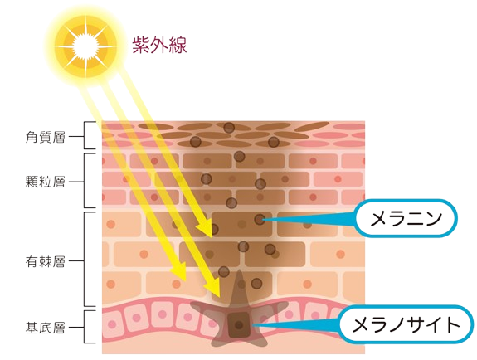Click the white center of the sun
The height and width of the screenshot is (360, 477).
86,46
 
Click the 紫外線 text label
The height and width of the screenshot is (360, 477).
159,45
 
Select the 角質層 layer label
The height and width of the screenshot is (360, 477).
45,137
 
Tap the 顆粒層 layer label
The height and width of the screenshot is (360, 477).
45,182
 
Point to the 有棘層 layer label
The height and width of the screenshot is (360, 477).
45,261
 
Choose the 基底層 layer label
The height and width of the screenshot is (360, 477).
45,328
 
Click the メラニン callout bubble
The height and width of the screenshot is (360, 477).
406,218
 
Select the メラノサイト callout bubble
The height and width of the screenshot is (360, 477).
406,324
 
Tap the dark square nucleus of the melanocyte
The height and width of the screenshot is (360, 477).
239,324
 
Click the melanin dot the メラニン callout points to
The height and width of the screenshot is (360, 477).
260,220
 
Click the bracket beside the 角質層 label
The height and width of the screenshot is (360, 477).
87,135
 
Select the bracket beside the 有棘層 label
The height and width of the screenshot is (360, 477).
87,260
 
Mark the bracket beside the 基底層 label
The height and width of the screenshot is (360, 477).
87,327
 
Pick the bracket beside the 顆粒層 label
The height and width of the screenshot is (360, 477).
87,181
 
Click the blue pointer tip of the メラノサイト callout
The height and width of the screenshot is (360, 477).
252,325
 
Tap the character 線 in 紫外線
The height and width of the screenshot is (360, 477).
178,45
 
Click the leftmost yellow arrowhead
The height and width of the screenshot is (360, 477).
179,271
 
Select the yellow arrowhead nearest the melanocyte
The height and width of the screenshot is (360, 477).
213,288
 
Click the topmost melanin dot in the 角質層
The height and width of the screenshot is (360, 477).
229,128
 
